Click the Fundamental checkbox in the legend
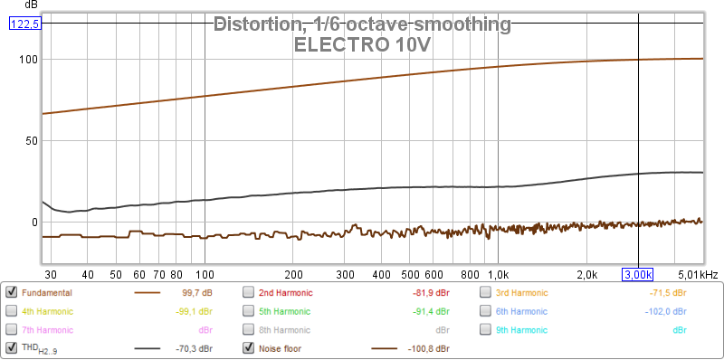(x=11, y=293)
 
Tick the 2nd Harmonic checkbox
(x=248, y=293)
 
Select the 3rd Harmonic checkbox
(x=485, y=293)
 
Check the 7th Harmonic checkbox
(x=11, y=330)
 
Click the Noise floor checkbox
(x=248, y=348)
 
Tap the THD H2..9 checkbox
(x=11, y=348)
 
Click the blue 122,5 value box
(x=25, y=24)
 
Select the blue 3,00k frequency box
(x=638, y=275)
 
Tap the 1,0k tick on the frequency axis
(x=498, y=275)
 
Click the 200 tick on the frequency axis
(x=293, y=275)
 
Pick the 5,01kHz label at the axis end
(x=697, y=275)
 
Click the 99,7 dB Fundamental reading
(x=197, y=293)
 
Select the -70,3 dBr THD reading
(x=194, y=348)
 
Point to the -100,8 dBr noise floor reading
(x=428, y=348)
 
